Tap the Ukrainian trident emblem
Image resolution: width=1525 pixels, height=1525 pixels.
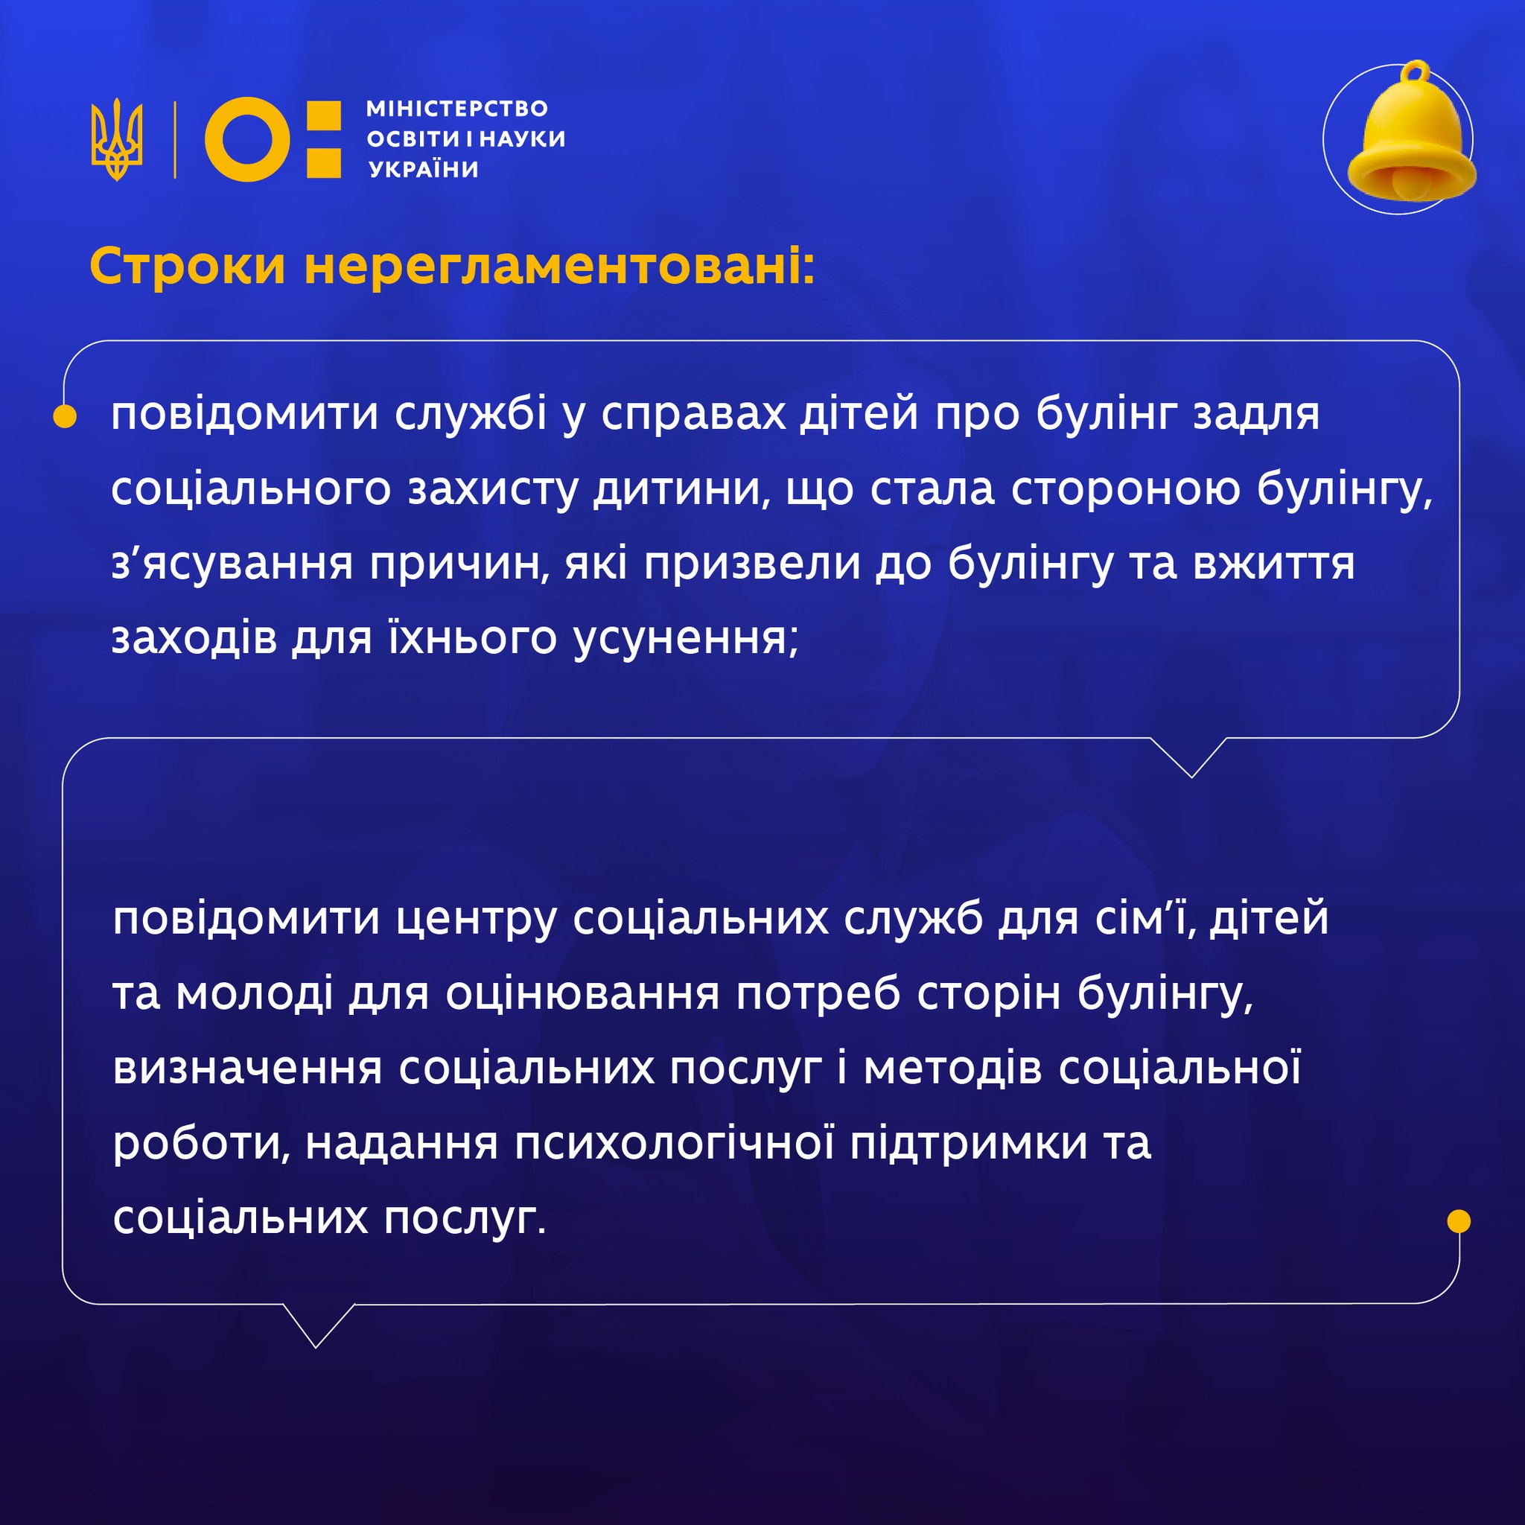tap(117, 139)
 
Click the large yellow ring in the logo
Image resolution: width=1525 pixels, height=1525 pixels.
tap(247, 139)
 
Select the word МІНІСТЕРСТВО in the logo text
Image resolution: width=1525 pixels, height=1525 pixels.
tap(457, 108)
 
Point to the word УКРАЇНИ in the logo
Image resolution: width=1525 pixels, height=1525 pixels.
tap(424, 170)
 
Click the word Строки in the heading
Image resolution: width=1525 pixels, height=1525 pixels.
tap(187, 266)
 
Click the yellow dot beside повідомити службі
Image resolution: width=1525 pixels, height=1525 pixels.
tap(65, 416)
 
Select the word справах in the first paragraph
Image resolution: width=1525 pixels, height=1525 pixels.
tap(693, 416)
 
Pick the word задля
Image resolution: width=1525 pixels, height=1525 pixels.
tap(1257, 416)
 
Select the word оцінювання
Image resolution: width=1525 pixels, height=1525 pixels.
tap(582, 994)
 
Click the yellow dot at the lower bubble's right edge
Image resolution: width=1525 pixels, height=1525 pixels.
tap(1459, 1221)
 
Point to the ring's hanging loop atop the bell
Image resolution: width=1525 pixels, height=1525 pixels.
tap(1416, 71)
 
